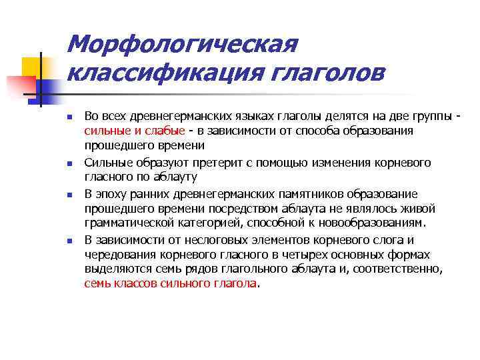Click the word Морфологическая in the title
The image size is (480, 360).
[x=183, y=45]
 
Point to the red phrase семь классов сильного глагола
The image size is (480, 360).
[x=171, y=282]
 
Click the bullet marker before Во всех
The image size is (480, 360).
[x=69, y=117]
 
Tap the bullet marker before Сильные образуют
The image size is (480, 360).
[x=69, y=163]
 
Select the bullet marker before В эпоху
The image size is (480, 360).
[x=69, y=195]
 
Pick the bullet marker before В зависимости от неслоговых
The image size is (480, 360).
[x=69, y=241]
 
